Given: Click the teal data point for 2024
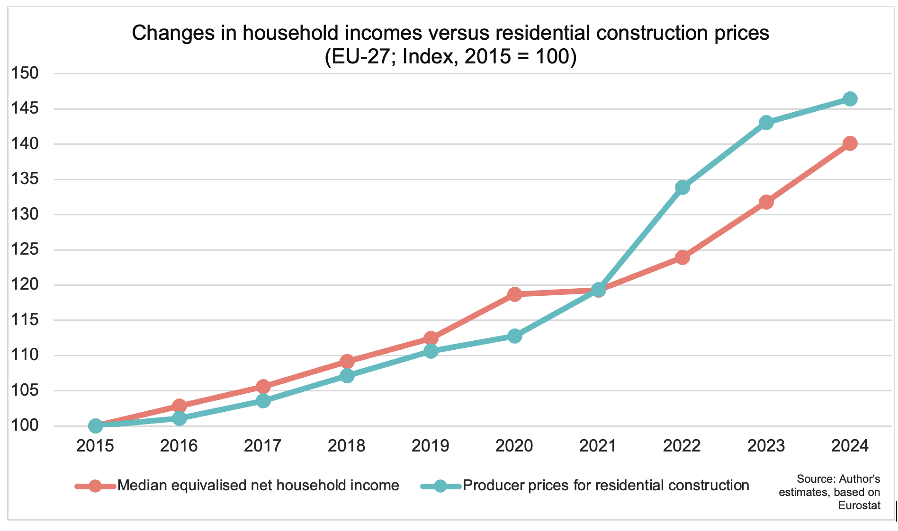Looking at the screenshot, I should tap(850, 99).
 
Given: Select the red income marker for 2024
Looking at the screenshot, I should tap(850, 143).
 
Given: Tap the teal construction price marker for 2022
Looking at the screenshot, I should tap(682, 187).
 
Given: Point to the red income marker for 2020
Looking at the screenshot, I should tap(514, 294).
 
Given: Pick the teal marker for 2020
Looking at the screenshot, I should tap(514, 336).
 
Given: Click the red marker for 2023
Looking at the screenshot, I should tap(766, 202).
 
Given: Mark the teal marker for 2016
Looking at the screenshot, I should tap(179, 418).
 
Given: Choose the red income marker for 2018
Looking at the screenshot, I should tap(347, 362).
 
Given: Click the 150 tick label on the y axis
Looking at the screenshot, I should tap(25, 73).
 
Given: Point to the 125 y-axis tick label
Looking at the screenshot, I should tap(25, 249).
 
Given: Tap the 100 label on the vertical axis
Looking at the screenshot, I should tap(25, 425).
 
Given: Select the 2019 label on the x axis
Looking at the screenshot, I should tap(430, 446).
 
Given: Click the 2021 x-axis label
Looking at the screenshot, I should tap(598, 446).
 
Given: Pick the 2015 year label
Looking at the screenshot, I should tap(95, 446).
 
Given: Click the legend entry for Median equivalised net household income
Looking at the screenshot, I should tap(258, 486).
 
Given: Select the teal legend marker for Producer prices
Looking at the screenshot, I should tap(440, 486).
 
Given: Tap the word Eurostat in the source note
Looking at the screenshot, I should tap(859, 505).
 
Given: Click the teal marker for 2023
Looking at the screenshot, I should tap(766, 123).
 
